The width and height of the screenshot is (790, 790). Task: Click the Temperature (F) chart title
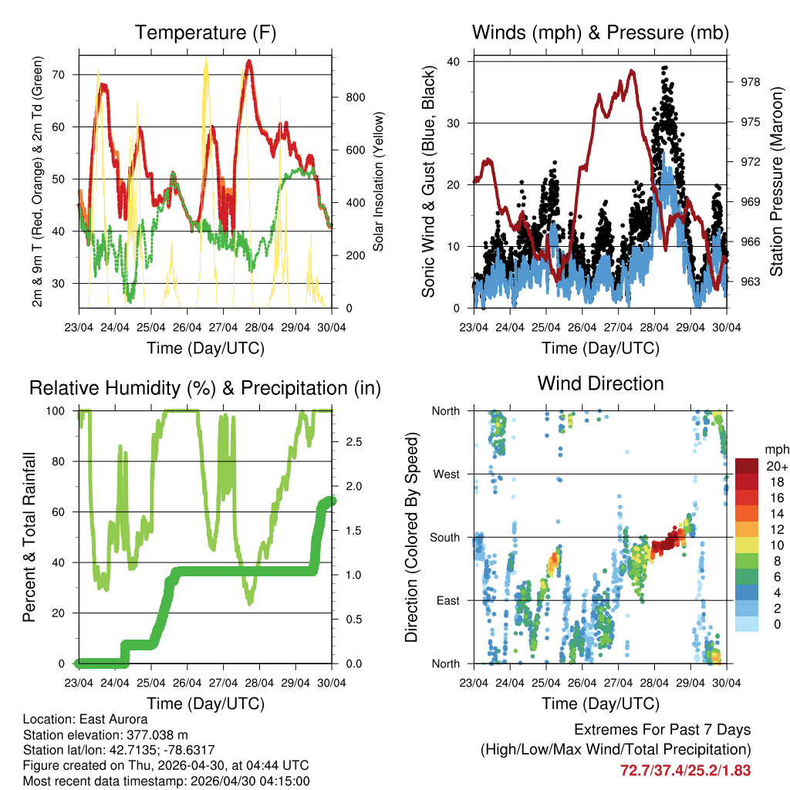pyautogui.click(x=205, y=33)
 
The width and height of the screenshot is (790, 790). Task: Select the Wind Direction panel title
pyautogui.click(x=600, y=383)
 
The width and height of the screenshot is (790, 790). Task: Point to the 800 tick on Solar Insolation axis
pyautogui.click(x=355, y=97)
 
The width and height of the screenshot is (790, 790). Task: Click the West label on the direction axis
pyautogui.click(x=446, y=474)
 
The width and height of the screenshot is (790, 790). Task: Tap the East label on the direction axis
pyautogui.click(x=447, y=600)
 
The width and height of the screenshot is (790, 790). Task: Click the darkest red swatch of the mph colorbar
pyautogui.click(x=746, y=466)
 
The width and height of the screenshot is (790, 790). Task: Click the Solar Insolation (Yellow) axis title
pyautogui.click(x=379, y=182)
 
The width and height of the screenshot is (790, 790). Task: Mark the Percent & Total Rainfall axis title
pyautogui.click(x=29, y=536)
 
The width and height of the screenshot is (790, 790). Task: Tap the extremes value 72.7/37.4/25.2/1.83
pyautogui.click(x=685, y=770)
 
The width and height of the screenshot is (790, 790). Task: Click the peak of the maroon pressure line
pyautogui.click(x=632, y=70)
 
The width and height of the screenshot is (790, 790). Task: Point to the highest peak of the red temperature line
pyautogui.click(x=248, y=60)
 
